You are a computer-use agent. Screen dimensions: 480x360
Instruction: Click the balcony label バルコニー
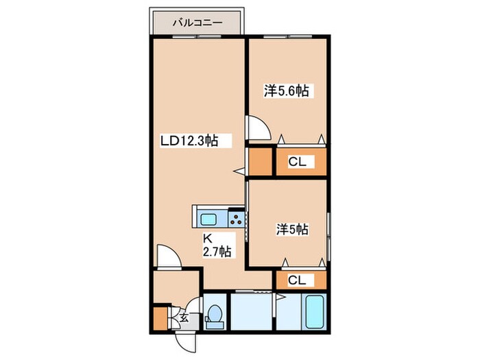[197, 23]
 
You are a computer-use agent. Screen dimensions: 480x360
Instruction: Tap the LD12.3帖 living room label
[190, 141]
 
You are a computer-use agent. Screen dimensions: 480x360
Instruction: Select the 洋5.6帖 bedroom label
[286, 91]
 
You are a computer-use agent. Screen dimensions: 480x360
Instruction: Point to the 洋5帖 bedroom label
[292, 229]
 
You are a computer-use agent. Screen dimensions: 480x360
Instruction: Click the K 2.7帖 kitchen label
[217, 245]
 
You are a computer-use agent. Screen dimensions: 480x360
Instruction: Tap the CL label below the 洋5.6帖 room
[297, 162]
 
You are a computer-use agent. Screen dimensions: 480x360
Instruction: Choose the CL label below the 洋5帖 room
[297, 280]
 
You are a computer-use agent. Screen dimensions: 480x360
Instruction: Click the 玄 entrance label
[184, 318]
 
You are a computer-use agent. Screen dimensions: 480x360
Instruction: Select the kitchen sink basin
[208, 219]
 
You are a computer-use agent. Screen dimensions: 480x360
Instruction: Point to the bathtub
[315, 311]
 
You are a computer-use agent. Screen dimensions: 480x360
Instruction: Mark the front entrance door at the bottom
[186, 343]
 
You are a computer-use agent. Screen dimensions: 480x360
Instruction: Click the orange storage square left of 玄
[160, 318]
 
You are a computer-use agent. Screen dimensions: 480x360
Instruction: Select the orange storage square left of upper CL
[260, 161]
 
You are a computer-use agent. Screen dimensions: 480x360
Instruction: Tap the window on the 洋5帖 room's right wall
[328, 237]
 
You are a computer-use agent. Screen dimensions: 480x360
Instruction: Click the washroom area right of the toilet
[251, 311]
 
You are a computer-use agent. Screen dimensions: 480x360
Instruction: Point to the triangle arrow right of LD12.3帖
[239, 171]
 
